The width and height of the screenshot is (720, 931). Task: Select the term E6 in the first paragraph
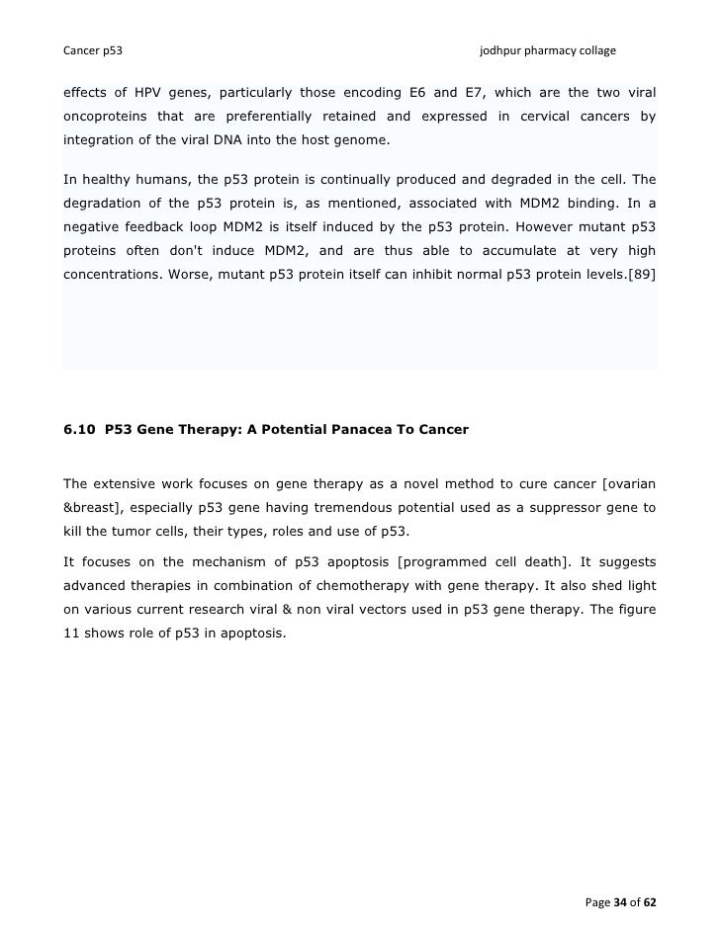click(x=407, y=93)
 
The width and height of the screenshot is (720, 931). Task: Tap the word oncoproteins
click(x=106, y=117)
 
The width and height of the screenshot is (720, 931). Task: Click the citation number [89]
click(x=639, y=275)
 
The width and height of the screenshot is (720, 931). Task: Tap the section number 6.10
click(x=78, y=430)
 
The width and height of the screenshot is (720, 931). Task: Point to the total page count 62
click(x=649, y=903)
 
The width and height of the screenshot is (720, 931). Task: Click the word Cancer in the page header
click(x=82, y=49)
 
